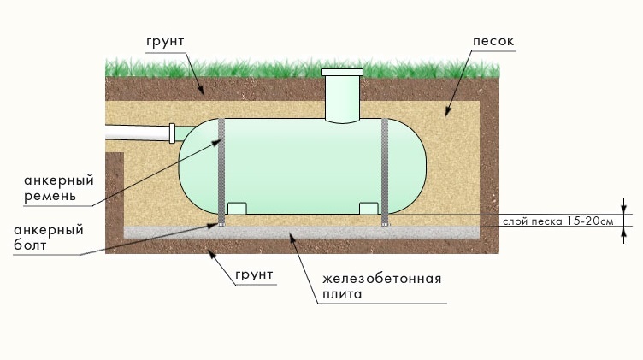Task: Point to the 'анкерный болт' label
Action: coord(48,238)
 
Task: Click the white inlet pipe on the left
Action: coord(137,135)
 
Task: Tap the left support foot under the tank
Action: coord(237,208)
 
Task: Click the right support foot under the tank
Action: coord(369,208)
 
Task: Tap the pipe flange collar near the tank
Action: coord(172,134)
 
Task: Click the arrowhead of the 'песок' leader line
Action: coord(445,113)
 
